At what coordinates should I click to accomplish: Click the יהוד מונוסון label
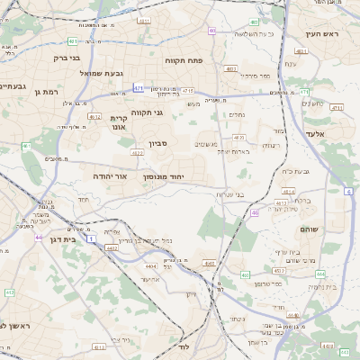click(x=163, y=176)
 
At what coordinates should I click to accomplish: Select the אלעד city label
click(x=320, y=133)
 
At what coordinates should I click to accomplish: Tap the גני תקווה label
click(x=146, y=112)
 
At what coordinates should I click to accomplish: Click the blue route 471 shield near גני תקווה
click(x=138, y=88)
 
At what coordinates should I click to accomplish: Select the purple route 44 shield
click(x=39, y=237)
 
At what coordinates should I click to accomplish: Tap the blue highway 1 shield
click(x=90, y=239)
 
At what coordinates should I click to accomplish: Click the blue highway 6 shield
click(x=348, y=191)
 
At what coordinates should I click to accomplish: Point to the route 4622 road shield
click(x=137, y=153)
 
